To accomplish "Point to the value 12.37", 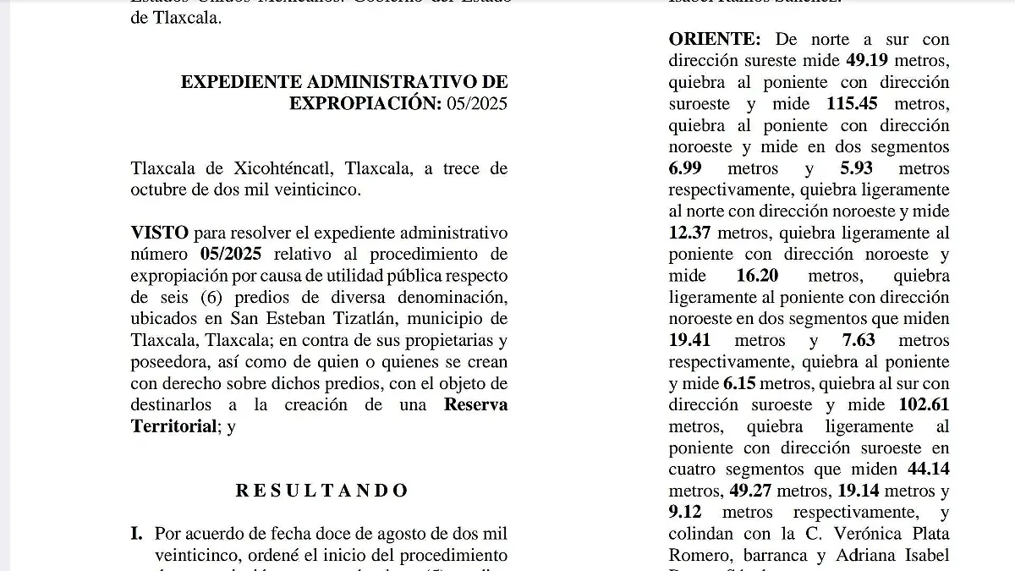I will (x=690, y=233).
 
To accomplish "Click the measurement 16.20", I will (x=757, y=276).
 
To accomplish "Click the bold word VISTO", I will (x=159, y=233).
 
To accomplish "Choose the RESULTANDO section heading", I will (x=321, y=491).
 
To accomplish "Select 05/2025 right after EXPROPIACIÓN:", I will (x=478, y=103).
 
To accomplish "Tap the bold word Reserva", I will (x=476, y=404).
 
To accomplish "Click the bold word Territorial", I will (x=173, y=426).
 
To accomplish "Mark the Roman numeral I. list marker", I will (x=136, y=534).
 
